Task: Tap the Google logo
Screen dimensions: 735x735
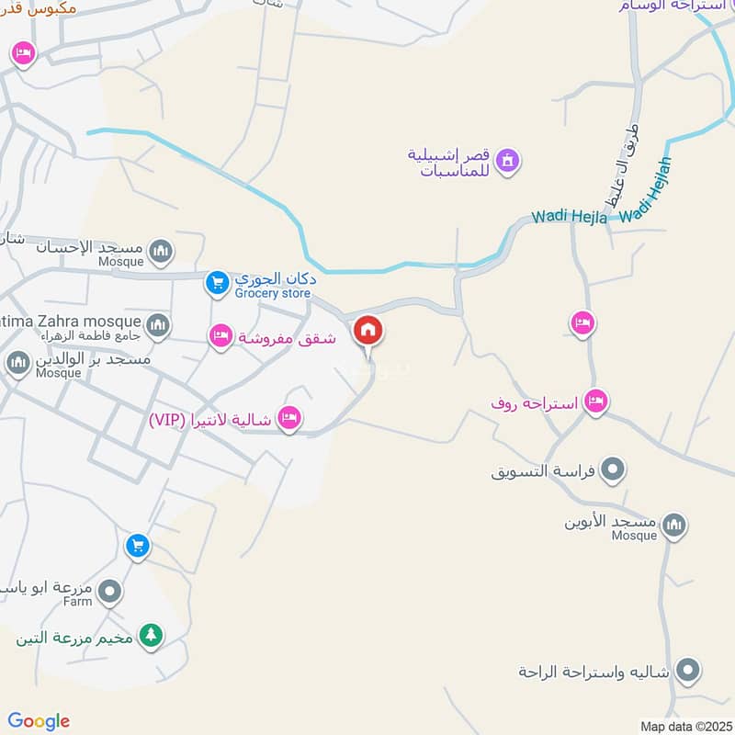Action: [39, 721]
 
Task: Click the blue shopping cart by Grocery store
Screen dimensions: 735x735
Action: [216, 283]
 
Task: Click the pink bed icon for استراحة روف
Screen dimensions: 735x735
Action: [596, 401]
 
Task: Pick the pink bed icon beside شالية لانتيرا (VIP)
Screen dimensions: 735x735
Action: [290, 419]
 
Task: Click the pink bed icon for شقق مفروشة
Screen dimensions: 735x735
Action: [220, 337]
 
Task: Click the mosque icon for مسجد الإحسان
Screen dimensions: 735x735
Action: [161, 250]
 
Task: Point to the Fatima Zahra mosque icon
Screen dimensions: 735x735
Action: [158, 323]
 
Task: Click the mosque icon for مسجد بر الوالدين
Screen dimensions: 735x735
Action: [17, 362]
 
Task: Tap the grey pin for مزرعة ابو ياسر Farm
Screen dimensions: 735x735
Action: [110, 592]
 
